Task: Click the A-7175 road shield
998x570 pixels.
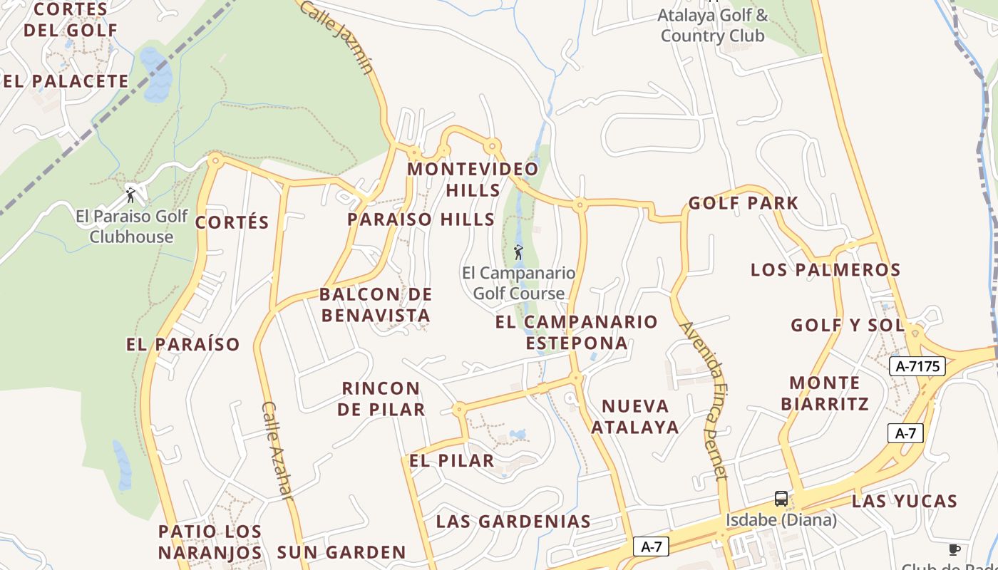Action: [x=917, y=366]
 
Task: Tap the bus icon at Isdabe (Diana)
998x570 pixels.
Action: [x=781, y=498]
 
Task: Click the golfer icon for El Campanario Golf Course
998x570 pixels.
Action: [x=518, y=252]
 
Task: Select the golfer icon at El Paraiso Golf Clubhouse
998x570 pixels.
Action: [x=130, y=195]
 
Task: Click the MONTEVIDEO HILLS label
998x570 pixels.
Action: [x=473, y=180]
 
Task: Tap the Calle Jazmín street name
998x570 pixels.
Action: [x=336, y=37]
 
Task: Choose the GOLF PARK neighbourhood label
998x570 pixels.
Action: [x=743, y=203]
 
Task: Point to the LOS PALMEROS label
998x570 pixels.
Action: [x=825, y=270]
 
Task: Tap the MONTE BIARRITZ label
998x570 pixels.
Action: [x=825, y=393]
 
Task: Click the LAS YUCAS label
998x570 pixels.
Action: [x=904, y=501]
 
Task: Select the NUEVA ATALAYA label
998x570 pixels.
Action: [x=635, y=417]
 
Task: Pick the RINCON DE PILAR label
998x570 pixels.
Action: [x=381, y=399]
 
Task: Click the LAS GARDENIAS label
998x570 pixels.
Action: [x=513, y=522]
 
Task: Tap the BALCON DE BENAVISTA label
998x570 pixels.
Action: [x=376, y=305]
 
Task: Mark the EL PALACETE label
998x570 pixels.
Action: [x=66, y=81]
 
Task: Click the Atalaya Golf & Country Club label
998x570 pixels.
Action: [x=713, y=25]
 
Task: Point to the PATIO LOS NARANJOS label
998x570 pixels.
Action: [x=210, y=541]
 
